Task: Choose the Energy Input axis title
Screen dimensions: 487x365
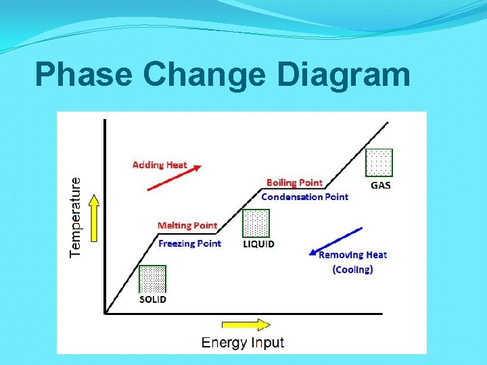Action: coord(243,342)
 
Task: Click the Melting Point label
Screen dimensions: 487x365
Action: coord(187,226)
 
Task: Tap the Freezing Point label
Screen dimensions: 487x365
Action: coord(189,243)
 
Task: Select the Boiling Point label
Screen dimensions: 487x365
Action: coord(294,182)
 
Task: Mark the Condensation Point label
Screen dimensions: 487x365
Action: coord(304,197)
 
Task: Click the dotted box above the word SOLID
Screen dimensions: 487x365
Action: coord(152,279)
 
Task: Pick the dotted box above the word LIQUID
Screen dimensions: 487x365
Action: coord(256,223)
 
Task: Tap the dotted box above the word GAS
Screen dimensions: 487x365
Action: coord(379,163)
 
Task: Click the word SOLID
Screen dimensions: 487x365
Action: coord(152,299)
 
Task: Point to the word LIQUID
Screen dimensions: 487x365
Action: coord(258,243)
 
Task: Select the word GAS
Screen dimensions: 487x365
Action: coord(380,185)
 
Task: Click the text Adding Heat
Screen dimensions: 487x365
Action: coord(160,164)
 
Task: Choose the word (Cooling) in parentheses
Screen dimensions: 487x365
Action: coord(352,269)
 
